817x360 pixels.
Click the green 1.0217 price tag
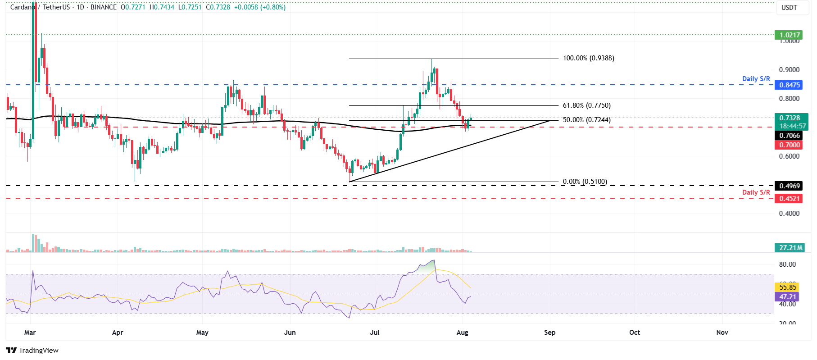[x=789, y=35]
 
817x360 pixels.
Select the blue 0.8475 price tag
[x=789, y=85]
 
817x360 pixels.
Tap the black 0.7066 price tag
[x=789, y=136]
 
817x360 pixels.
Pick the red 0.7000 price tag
[x=789, y=145]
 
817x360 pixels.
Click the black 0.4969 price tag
[x=789, y=186]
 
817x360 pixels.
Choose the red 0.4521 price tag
[x=789, y=199]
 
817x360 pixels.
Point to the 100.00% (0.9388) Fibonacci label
[x=588, y=58]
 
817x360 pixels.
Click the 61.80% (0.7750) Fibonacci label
[x=586, y=105]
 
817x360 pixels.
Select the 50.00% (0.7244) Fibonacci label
[x=586, y=120]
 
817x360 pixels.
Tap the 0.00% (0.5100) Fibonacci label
[x=585, y=182]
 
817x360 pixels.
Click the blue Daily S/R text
[x=756, y=79]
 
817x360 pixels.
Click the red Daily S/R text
[x=756, y=192]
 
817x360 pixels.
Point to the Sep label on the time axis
[x=549, y=333]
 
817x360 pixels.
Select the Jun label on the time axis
[x=290, y=333]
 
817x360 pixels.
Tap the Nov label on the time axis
[x=722, y=333]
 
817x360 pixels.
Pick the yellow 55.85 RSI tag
[x=788, y=287]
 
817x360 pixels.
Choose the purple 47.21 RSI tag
[x=788, y=297]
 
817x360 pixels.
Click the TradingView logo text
[x=38, y=351]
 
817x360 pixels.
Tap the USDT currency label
[x=789, y=8]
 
